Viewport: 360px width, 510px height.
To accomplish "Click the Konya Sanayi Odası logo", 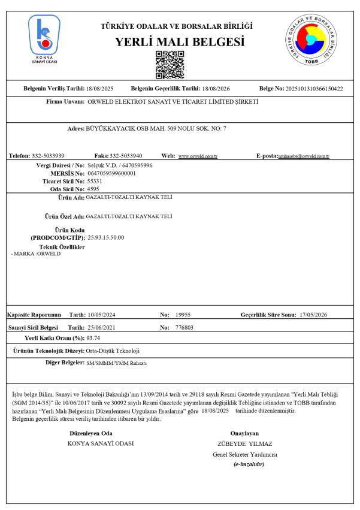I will click(x=44, y=39).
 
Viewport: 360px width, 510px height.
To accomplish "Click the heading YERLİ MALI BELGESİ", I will click(x=180, y=42).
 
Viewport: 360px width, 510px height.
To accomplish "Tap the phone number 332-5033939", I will click(x=49, y=156).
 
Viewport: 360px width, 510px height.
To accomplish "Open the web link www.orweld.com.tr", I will click(x=198, y=156).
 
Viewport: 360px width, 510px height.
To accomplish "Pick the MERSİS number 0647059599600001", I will click(x=112, y=173).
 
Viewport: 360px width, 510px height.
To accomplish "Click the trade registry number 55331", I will click(x=95, y=180).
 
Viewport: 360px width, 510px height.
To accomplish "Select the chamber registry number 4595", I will click(x=93, y=188).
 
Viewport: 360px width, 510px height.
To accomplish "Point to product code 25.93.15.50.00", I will click(x=106, y=237).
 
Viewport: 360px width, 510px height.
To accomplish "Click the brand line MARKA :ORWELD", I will click(x=36, y=254).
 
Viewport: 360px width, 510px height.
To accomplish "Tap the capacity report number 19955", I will click(x=183, y=314).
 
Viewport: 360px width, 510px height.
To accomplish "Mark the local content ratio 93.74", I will click(x=93, y=339).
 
